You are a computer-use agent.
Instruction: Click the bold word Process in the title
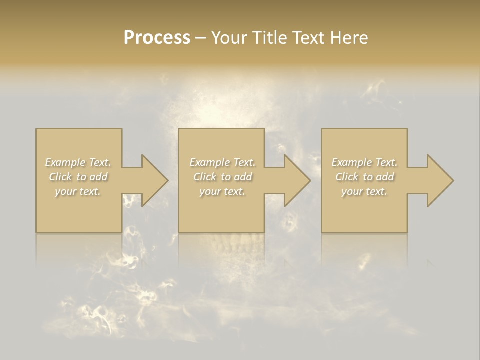(x=157, y=38)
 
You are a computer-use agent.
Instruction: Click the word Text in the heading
(x=308, y=38)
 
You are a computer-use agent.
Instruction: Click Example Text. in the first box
(x=78, y=162)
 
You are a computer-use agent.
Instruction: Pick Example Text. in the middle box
(x=222, y=162)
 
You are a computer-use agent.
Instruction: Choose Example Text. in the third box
(x=364, y=162)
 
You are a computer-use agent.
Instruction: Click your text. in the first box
(x=78, y=191)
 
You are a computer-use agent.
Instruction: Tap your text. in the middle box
(x=222, y=191)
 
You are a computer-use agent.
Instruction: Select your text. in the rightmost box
(x=364, y=191)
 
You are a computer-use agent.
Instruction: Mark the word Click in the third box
(x=347, y=177)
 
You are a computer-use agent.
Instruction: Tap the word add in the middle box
(x=242, y=177)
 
